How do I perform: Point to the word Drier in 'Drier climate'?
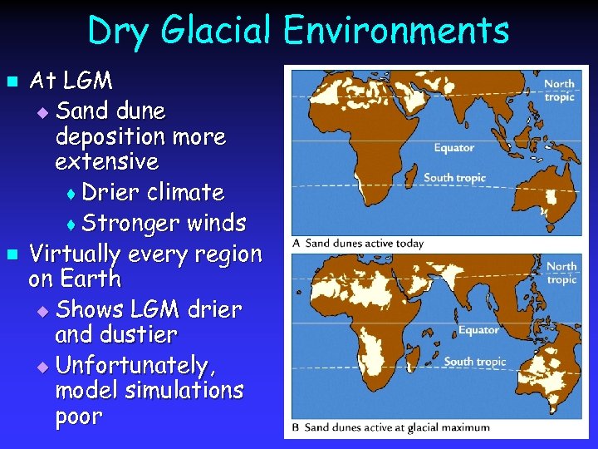111,192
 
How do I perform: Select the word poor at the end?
79,416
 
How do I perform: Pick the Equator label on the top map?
453,148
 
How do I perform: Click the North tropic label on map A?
559,90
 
